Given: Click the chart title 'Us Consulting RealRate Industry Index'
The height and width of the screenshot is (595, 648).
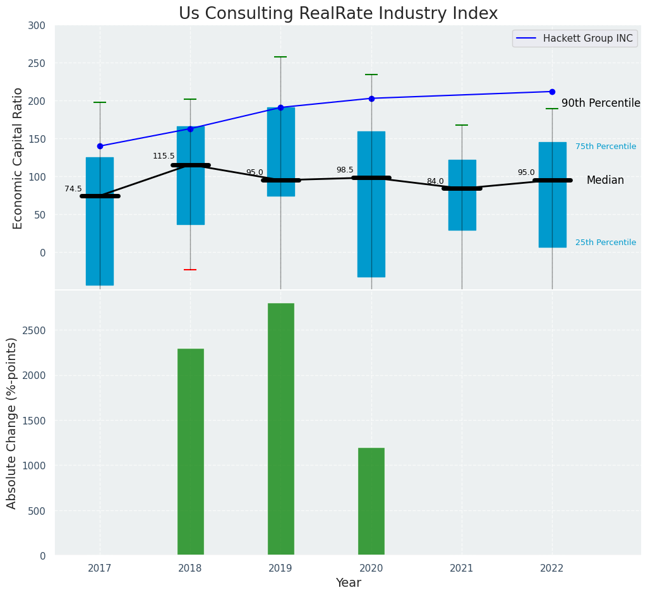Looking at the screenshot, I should (338, 14).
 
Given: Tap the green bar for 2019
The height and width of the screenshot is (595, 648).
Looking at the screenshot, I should (280, 429).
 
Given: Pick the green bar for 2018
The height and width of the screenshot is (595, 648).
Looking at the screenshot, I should (190, 452).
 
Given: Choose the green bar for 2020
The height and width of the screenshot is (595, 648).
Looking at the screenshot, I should (371, 502).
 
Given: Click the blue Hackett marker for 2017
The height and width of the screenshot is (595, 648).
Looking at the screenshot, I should (100, 146).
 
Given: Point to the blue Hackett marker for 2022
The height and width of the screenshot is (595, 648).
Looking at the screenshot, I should (552, 92).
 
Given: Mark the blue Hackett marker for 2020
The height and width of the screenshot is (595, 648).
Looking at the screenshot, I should (371, 99).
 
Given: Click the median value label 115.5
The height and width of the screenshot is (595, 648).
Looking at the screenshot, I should (164, 156).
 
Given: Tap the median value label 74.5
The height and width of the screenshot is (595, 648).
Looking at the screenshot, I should (73, 189).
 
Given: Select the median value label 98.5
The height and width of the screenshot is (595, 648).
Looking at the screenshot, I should (345, 170).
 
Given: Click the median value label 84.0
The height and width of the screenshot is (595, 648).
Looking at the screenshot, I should (435, 181).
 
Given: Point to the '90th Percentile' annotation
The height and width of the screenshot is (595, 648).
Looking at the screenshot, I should (601, 103).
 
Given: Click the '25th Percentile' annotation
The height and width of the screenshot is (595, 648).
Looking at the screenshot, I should (606, 243).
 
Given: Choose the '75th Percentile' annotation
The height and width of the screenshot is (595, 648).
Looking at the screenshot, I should (606, 147).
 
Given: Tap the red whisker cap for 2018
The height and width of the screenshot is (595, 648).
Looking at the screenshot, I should (190, 270).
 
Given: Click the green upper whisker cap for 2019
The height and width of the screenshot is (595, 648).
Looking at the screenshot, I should (280, 57).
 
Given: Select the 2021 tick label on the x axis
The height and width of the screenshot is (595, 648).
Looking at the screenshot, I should (462, 568).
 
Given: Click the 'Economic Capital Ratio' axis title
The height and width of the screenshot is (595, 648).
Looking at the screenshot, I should (18, 158).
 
